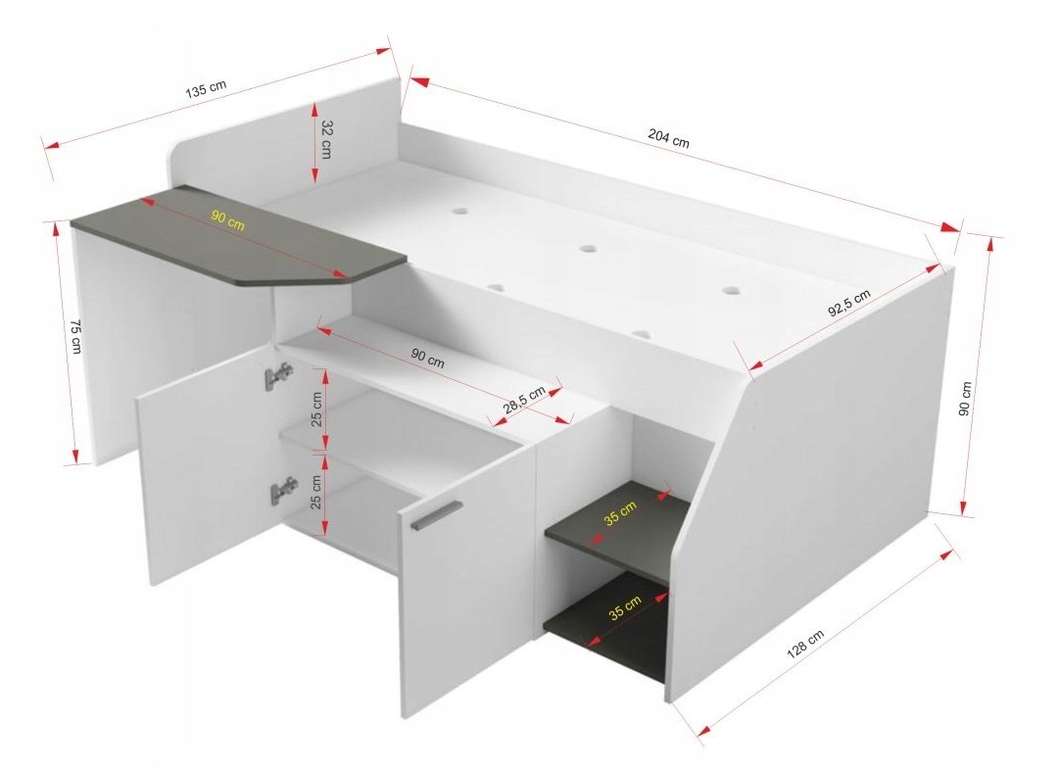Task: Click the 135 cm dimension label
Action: pyautogui.click(x=206, y=90)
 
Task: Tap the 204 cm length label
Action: pyautogui.click(x=669, y=138)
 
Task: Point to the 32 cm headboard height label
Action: pyautogui.click(x=326, y=139)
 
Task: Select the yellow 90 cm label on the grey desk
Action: pyautogui.click(x=227, y=220)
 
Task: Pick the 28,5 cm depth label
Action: pyautogui.click(x=524, y=400)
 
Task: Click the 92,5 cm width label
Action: pyautogui.click(x=849, y=303)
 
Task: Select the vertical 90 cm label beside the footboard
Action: pyautogui.click(x=966, y=399)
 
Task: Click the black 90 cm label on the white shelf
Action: pyautogui.click(x=428, y=358)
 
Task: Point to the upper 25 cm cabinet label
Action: pyautogui.click(x=316, y=410)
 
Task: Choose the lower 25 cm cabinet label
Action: pyautogui.click(x=316, y=493)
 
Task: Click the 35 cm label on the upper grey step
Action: pyautogui.click(x=620, y=512)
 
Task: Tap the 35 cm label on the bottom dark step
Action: pyautogui.click(x=625, y=607)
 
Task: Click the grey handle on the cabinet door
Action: pyautogui.click(x=435, y=515)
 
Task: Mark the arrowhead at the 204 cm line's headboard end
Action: pyautogui.click(x=419, y=81)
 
